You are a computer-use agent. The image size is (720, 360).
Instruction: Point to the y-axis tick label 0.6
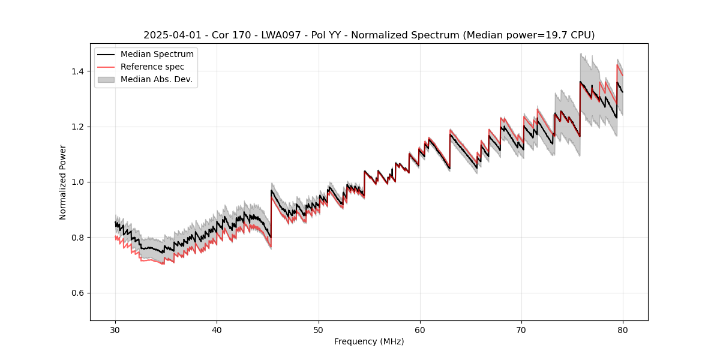pos(78,293)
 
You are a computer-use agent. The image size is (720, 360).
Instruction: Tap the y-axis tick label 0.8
pos(78,238)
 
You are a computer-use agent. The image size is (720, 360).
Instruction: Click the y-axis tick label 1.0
pos(78,182)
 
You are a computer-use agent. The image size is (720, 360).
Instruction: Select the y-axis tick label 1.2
pos(78,127)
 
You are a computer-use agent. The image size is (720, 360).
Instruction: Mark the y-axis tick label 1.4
pos(78,71)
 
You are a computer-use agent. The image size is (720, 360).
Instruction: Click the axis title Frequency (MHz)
pos(369,341)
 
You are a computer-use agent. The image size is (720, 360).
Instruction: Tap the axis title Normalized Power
pos(63,182)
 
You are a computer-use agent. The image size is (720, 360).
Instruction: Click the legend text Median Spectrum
pos(157,55)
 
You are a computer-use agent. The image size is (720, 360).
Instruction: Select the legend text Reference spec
pos(152,67)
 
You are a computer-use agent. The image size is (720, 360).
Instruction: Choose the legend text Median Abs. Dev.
pos(156,79)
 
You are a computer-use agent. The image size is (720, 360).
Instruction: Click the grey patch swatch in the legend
pos(106,79)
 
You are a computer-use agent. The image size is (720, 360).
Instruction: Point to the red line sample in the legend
pos(106,67)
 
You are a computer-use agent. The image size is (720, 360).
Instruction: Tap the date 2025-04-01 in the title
pos(171,35)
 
